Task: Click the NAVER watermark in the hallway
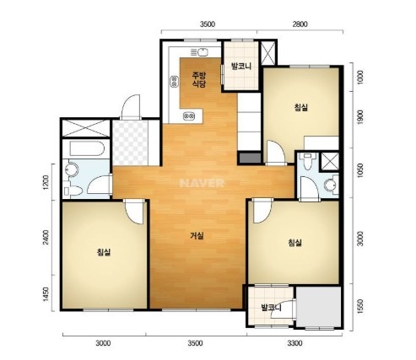click(x=202, y=183)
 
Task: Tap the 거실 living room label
click(x=197, y=236)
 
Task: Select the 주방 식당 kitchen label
click(x=199, y=79)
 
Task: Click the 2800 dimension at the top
click(x=300, y=24)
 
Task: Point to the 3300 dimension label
click(x=294, y=343)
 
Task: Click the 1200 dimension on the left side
click(x=46, y=183)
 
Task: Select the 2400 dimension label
click(x=46, y=238)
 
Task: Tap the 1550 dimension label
click(x=360, y=307)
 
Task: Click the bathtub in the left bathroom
click(x=87, y=148)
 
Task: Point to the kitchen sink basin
click(x=203, y=52)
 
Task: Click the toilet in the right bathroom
click(x=308, y=161)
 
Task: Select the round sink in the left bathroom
click(x=71, y=169)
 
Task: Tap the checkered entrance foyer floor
click(x=130, y=142)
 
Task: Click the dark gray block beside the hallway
click(x=249, y=158)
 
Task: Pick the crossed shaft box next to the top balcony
click(x=267, y=53)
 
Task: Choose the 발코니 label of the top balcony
click(x=240, y=67)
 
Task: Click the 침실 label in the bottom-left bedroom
click(x=104, y=252)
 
